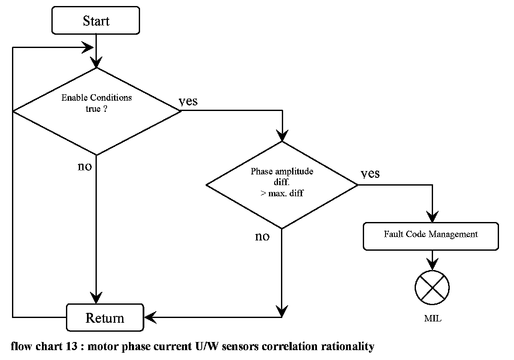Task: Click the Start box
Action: pos(96,21)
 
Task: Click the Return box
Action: pos(105,318)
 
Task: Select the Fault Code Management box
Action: pos(431,236)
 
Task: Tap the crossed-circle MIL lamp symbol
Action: pos(432,288)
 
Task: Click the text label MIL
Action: pos(433,318)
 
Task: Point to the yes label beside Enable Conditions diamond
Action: pos(188,101)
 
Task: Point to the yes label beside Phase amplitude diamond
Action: pos(370,174)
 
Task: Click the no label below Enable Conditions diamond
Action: pos(85,166)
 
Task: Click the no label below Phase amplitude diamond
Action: pos(262,237)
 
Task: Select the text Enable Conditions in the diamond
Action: pos(97,98)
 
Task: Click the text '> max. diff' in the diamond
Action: pos(282,193)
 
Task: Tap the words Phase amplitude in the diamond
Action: pos(282,171)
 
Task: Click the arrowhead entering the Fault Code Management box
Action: pos(432,217)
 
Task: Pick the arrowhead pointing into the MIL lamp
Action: pos(432,264)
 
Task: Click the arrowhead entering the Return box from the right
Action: pos(150,318)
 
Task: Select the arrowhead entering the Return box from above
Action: pos(96,298)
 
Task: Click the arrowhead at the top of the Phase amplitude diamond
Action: pos(282,136)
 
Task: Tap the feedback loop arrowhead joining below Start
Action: pos(87,48)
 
